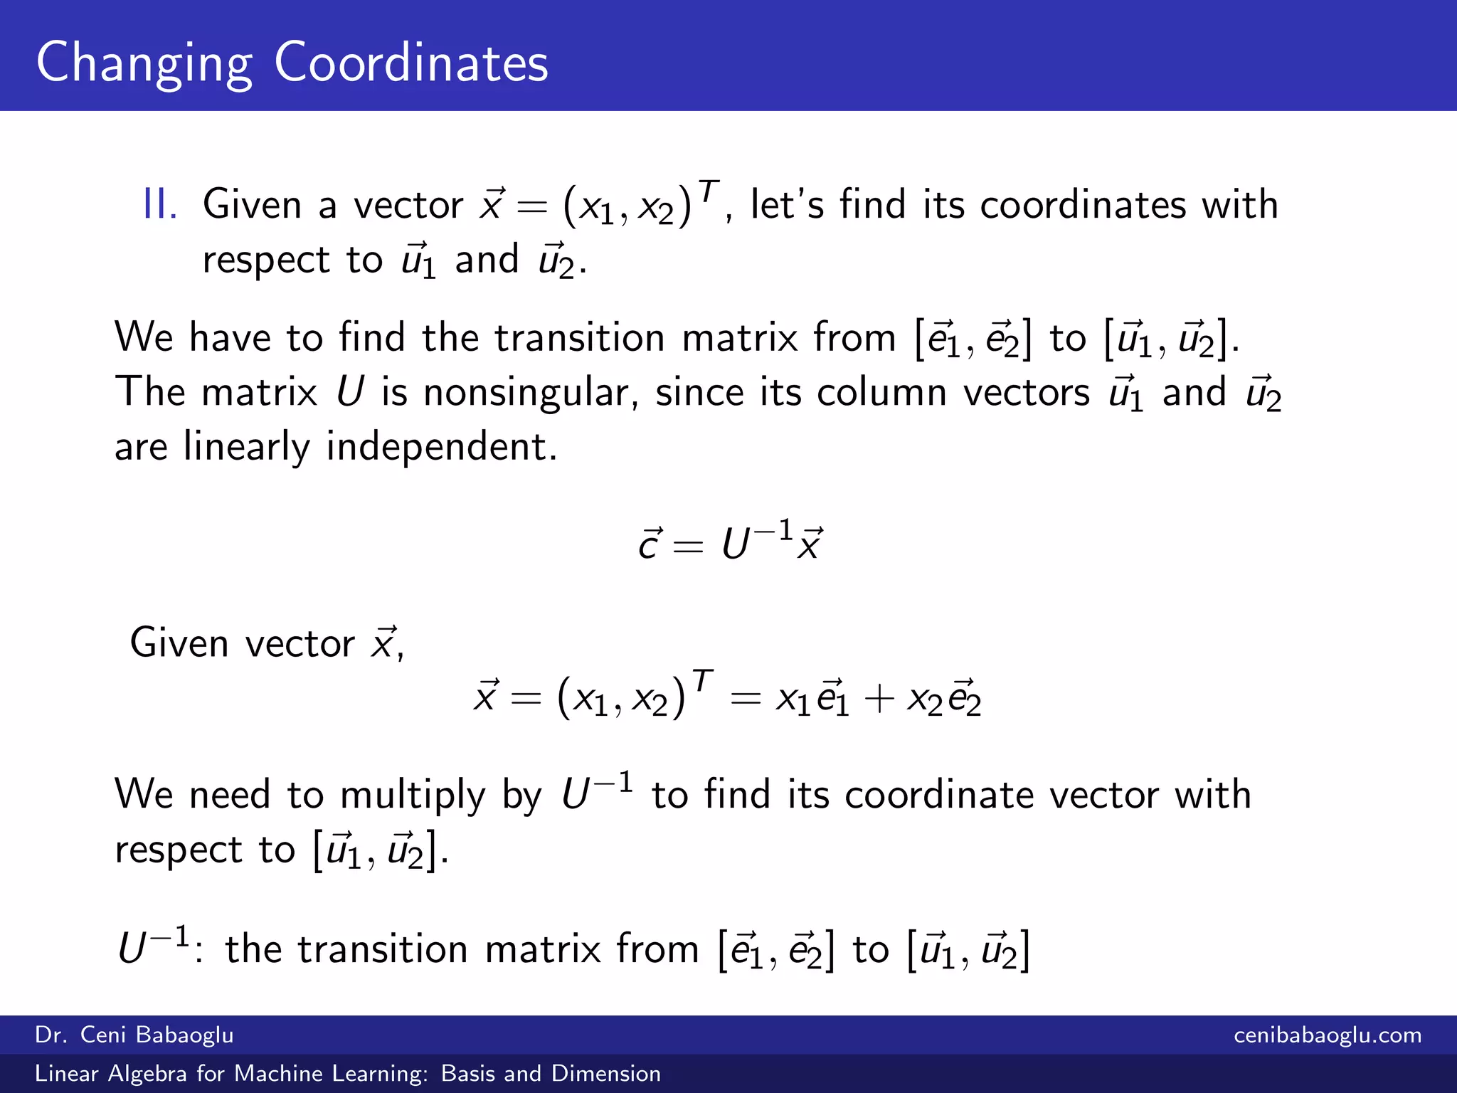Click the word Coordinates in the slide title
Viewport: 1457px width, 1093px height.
(411, 63)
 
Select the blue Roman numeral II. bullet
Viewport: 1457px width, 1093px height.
(160, 205)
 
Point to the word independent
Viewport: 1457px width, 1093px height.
(441, 447)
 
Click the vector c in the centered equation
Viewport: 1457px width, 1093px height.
(650, 544)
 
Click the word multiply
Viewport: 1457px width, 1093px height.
(413, 796)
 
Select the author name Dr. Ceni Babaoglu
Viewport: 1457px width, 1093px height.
(134, 1035)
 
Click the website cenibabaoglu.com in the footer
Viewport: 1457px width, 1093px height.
(1328, 1035)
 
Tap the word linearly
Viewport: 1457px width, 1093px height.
(246, 447)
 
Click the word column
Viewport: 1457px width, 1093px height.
(881, 393)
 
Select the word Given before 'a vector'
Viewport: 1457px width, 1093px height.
(253, 205)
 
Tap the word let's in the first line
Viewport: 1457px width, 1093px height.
(787, 205)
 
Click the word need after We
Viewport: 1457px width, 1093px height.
(230, 796)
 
